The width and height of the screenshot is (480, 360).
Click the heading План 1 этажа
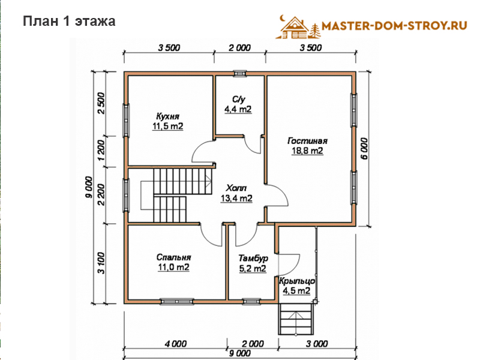(69, 22)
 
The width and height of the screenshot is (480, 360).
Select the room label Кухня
(168, 116)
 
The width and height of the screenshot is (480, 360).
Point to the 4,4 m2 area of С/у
(238, 109)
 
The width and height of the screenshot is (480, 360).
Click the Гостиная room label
(307, 141)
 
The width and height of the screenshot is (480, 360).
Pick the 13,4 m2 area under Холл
(236, 199)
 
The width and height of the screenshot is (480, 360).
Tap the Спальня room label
(173, 257)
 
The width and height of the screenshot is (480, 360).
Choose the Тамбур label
(253, 259)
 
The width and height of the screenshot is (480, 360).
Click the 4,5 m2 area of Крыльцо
(296, 291)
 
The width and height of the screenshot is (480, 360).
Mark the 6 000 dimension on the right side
(364, 148)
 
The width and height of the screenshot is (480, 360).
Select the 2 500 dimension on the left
(101, 103)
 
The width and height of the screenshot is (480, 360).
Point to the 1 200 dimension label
(101, 151)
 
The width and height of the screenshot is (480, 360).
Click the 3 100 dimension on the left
(101, 263)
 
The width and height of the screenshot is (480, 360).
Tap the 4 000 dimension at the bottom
(176, 344)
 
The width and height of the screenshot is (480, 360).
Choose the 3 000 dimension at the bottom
(317, 344)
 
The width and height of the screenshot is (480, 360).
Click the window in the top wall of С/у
(239, 73)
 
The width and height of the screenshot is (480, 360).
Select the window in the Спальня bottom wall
(177, 302)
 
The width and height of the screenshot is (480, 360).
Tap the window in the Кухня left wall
(126, 120)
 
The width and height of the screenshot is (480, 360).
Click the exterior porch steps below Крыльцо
(296, 319)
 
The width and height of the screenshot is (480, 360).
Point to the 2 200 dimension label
(101, 194)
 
